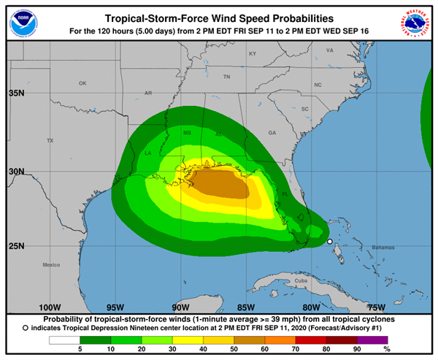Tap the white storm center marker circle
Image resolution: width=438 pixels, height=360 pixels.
pos(329,242)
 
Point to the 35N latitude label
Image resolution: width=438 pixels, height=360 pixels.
pos(15,93)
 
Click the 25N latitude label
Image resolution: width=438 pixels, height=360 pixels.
pos(15,245)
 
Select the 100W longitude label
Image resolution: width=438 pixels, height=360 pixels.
pos(49,307)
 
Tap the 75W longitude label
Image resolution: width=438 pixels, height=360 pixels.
pos(376,307)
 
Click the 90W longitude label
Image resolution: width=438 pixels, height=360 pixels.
pos(180,307)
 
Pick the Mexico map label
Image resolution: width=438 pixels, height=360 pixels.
pos(51,264)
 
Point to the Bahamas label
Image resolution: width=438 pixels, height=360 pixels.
pos(381,248)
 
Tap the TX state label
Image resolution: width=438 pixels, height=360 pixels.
pos(50,140)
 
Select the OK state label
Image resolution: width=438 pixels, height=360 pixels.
pos(82,83)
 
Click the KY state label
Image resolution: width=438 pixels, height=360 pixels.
pos(253,54)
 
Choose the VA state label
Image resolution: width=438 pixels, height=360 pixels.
pos(329,50)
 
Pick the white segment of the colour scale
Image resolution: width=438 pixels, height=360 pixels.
pos(64,340)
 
